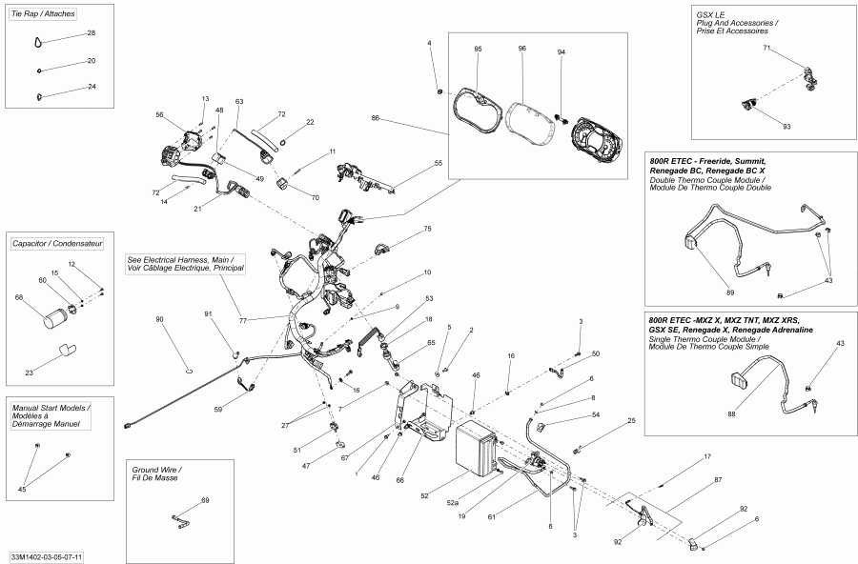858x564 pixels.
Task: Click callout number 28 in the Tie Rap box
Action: tap(92, 33)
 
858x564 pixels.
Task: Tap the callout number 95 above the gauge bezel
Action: tap(478, 49)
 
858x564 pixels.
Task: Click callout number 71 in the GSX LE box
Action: tap(766, 47)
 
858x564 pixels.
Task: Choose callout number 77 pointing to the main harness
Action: tap(243, 320)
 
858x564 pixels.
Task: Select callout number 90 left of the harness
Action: tap(159, 318)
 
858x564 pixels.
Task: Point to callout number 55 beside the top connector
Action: tap(439, 164)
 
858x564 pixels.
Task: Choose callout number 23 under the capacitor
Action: tap(28, 373)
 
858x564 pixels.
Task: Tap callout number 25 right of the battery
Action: tap(631, 420)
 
